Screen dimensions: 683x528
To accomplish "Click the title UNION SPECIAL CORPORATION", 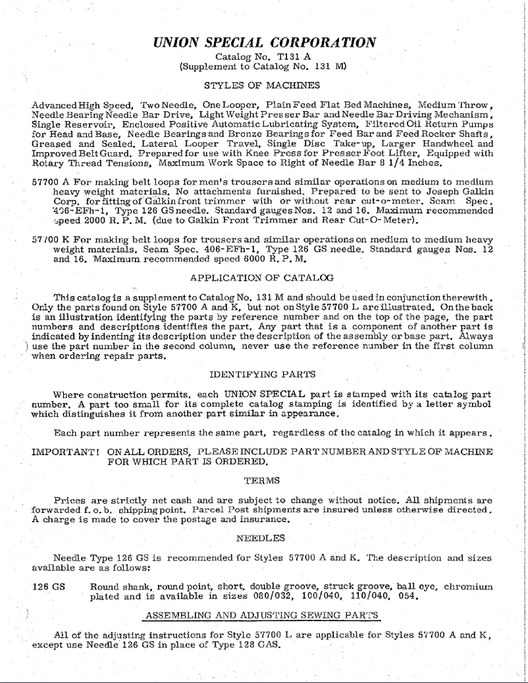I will [265, 42].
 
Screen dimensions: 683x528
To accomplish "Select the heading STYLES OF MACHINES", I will [262, 85].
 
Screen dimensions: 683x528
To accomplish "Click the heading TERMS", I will [261, 479].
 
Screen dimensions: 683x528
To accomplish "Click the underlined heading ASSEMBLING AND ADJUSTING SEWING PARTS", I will [261, 615].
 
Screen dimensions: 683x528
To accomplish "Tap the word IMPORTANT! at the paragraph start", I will [65, 453].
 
